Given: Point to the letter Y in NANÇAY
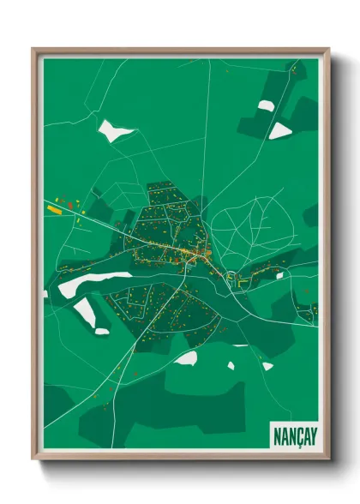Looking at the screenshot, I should coord(313,435).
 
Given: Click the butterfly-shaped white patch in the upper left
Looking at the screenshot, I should coord(115,131).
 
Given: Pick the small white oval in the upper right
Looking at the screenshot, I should coord(267,105).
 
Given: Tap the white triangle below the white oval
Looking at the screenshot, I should coord(280,131).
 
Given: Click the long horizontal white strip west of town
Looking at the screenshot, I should coord(94,283).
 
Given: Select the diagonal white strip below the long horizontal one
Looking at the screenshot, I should coord(85,311).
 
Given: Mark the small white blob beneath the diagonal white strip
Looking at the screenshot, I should coord(102,331).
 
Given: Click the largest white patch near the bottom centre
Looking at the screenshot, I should coord(187,357).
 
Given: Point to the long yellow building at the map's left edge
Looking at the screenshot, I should coord(55,208).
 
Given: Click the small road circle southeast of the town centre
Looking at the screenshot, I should coord(231,276).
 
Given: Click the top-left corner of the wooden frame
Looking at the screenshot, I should coord(33,49).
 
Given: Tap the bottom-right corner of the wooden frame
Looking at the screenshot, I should coord(328,459).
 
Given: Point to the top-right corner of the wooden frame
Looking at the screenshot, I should coord(328,49).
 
